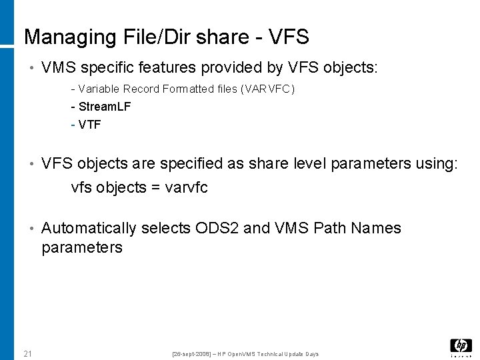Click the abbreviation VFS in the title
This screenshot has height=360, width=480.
tap(289, 37)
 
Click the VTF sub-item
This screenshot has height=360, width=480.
tap(90, 124)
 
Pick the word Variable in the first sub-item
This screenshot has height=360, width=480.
tap(99, 89)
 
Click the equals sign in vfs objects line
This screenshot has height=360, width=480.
tap(155, 188)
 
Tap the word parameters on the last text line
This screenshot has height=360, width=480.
tap(82, 248)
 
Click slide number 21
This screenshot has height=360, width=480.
tap(28, 353)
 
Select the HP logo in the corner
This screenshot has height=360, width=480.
tap(461, 346)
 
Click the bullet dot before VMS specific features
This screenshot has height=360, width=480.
tap(31, 68)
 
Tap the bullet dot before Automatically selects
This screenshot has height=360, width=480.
tap(31, 229)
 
